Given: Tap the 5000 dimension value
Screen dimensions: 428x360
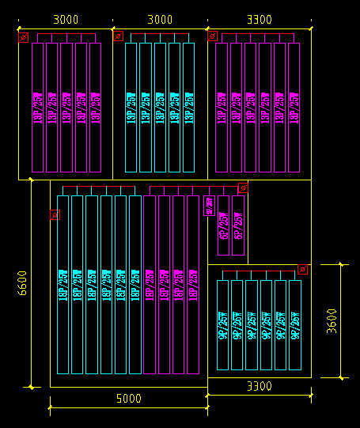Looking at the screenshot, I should click(129, 399).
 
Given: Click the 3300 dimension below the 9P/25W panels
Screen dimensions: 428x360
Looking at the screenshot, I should click(259, 386).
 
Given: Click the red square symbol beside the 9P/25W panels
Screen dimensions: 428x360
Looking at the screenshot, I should click(302, 270).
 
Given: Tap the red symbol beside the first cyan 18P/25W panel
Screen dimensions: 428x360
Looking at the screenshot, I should click(55, 214).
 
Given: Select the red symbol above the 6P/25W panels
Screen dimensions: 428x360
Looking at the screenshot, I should click(243, 187).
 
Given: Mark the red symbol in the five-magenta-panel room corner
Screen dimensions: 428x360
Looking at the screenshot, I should click(24, 36).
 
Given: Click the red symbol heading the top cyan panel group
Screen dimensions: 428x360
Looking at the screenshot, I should click(118, 36).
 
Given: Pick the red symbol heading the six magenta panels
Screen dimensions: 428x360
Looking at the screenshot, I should click(212, 36).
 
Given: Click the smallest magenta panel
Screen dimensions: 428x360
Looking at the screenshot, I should click(209, 206).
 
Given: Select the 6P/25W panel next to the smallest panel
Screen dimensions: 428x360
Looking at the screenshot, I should click(223, 225).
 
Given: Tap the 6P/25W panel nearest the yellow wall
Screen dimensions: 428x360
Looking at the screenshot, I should click(237, 225).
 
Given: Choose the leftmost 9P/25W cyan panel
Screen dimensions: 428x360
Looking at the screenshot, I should click(223, 324).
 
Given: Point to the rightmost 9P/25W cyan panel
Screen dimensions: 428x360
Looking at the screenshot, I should click(294, 324).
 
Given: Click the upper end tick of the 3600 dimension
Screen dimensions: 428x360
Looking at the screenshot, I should click(341, 264).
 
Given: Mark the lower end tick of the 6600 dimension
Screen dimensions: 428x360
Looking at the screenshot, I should click(31, 387).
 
